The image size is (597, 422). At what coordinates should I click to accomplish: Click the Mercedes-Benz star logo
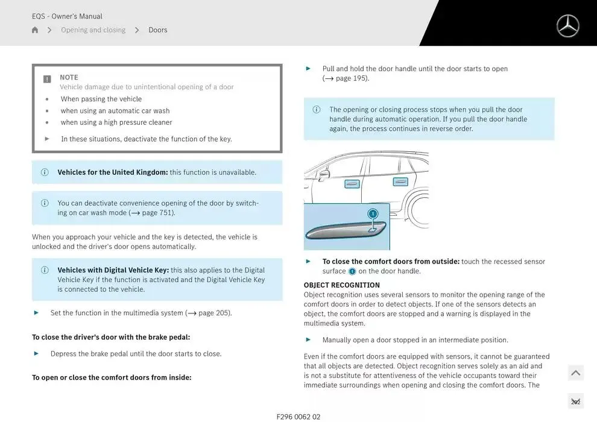567,26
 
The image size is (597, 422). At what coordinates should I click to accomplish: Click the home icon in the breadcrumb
35,30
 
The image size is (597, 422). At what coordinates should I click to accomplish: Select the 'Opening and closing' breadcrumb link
93,30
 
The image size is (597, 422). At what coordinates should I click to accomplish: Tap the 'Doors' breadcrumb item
158,30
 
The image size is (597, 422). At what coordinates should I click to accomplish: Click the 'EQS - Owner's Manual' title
67,16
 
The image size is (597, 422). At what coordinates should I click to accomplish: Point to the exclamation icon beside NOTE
47,79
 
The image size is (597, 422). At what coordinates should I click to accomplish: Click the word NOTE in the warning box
69,77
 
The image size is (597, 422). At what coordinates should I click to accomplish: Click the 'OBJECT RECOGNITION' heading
341,285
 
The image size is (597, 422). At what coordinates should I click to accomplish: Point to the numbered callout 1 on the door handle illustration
373,213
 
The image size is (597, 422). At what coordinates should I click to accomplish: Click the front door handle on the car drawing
352,183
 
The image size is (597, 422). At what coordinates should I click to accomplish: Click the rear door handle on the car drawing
400,181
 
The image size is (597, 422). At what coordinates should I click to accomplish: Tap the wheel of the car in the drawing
420,209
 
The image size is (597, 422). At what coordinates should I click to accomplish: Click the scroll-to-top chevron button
575,373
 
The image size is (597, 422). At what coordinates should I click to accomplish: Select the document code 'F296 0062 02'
298,417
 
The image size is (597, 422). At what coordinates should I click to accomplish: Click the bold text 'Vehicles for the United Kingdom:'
113,172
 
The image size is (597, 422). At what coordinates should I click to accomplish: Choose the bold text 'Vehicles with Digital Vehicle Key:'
113,270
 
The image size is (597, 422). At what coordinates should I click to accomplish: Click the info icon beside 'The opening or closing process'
316,110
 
